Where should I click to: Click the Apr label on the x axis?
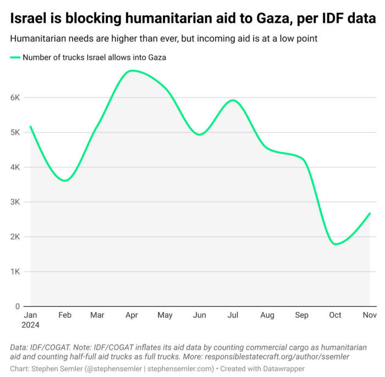click(x=132, y=315)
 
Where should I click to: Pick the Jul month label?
click(x=233, y=315)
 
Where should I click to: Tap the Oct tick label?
click(x=335, y=315)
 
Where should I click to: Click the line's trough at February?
click(x=65, y=181)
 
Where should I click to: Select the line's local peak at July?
click(x=233, y=100)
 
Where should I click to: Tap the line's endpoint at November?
click(x=370, y=213)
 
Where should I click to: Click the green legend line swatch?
click(x=15, y=57)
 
